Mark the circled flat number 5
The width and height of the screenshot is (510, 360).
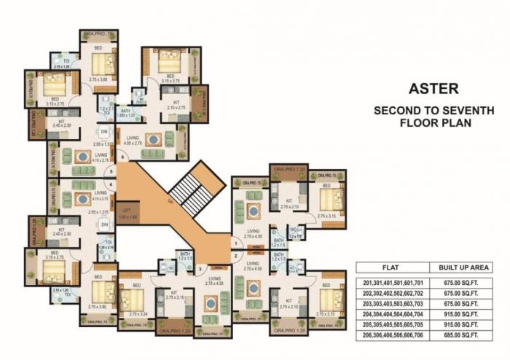(x=111, y=172)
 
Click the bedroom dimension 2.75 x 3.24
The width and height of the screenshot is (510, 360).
(x=134, y=313)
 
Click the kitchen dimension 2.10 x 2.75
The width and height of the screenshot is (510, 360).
(x=176, y=107)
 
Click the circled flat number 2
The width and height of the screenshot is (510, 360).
(x=236, y=256)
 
